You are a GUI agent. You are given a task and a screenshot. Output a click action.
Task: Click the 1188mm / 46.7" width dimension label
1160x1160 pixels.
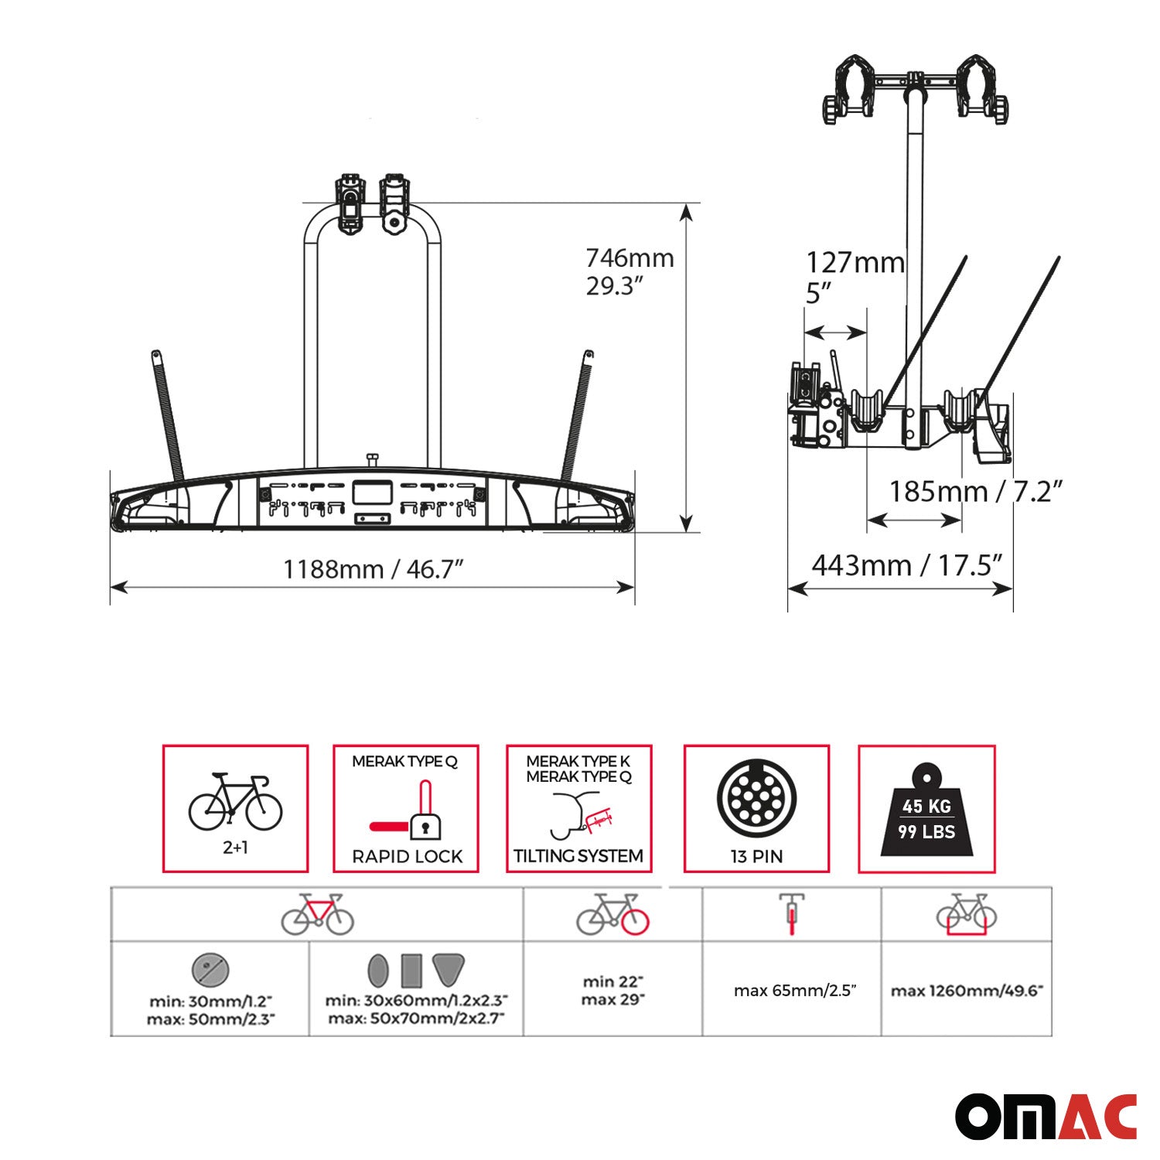point(373,569)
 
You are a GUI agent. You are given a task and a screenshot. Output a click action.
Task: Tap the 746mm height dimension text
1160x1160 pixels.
point(629,258)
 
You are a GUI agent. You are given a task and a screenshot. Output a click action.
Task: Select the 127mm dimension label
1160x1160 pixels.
point(855,263)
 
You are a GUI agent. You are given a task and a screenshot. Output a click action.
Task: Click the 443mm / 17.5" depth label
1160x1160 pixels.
point(906,565)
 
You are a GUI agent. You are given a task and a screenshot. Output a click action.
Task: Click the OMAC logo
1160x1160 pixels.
point(1046,1116)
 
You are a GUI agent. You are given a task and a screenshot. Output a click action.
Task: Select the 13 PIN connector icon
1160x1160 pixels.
point(756,798)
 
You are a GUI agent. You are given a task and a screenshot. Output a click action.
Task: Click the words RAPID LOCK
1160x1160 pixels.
point(407,857)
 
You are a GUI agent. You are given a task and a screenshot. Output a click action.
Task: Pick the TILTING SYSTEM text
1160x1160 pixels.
point(578,856)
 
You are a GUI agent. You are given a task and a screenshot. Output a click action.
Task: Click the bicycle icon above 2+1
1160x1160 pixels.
point(235,802)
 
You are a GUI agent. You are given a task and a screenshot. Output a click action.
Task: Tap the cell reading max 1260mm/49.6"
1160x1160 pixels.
point(967,991)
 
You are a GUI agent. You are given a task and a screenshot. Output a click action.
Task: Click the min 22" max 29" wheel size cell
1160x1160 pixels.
point(612,991)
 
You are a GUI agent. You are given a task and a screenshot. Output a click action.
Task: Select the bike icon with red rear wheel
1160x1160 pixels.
point(612,915)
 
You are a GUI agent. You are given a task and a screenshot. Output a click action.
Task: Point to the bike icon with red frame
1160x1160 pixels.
point(317,915)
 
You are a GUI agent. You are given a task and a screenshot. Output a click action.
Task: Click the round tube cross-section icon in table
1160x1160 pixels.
point(210,970)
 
